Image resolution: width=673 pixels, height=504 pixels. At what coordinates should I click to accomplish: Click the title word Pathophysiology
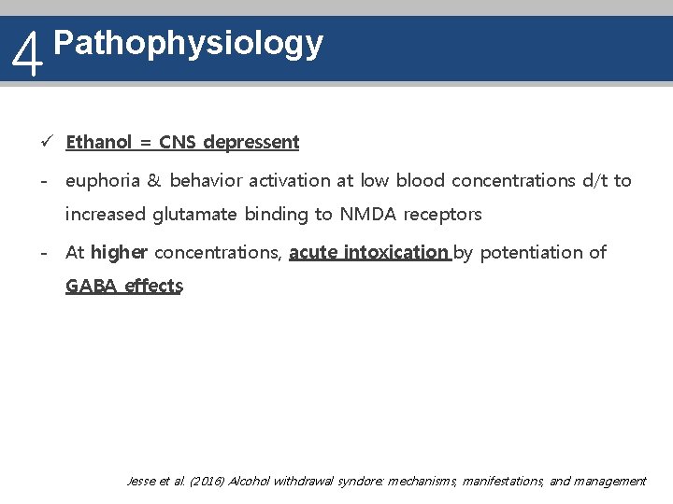click(189, 43)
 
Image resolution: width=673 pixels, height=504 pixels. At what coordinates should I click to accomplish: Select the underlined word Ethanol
click(99, 143)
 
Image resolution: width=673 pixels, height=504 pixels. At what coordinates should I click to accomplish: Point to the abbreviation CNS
click(178, 143)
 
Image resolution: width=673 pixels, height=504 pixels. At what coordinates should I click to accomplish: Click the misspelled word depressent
click(251, 143)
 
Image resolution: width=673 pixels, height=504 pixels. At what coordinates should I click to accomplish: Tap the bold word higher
click(119, 252)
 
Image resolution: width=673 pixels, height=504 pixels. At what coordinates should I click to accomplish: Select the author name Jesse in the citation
click(143, 481)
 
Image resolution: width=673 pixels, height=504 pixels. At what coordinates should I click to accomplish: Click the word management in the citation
click(609, 481)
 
